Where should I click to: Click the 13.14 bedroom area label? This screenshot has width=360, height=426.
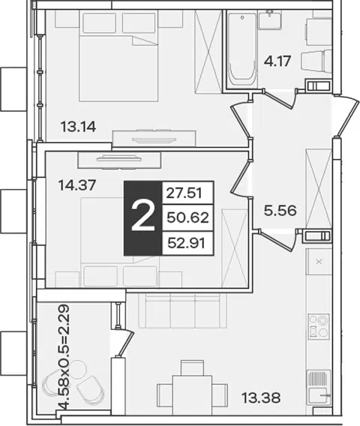(78, 127)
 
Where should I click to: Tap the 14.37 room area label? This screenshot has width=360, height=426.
(77, 185)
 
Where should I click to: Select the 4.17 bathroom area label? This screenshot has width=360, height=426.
(277, 61)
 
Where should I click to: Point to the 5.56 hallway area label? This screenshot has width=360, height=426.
(280, 211)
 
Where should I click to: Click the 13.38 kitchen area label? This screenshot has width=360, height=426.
(261, 398)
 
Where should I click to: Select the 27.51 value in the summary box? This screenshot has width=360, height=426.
(184, 193)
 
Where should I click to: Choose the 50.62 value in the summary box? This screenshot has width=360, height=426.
(187, 217)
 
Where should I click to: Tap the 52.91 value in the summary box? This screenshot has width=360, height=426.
(187, 242)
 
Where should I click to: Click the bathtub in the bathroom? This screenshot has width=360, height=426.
(242, 49)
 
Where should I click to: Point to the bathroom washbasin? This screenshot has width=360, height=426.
(269, 19)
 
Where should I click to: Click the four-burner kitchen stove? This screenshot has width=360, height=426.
(319, 325)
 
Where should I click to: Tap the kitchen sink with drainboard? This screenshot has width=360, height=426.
(319, 387)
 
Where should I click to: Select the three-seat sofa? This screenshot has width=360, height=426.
(182, 310)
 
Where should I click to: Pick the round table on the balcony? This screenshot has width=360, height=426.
(78, 369)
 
